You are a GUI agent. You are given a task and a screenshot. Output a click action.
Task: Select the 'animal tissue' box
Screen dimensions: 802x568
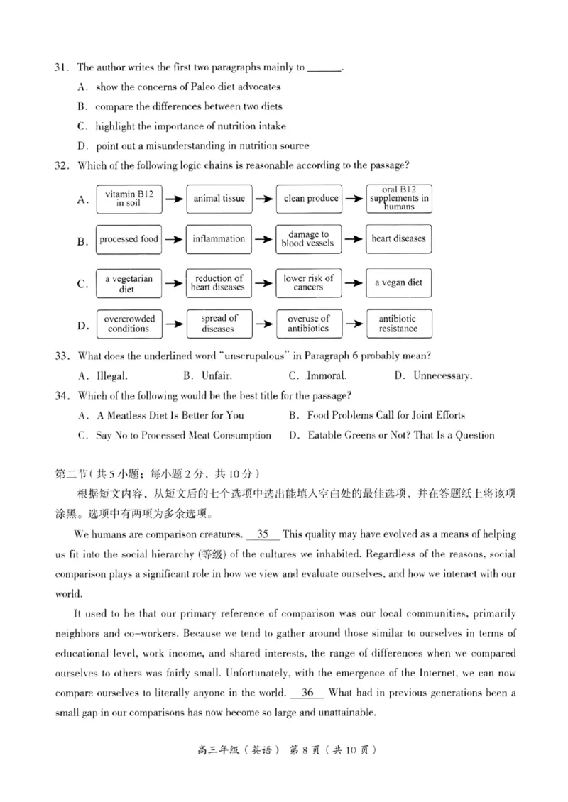click(219, 199)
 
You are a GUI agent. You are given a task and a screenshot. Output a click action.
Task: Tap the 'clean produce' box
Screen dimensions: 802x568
click(310, 199)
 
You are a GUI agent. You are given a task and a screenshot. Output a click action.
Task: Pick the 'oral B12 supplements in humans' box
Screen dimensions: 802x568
click(399, 199)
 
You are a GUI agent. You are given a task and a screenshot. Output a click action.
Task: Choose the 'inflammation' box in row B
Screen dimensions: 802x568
click(219, 239)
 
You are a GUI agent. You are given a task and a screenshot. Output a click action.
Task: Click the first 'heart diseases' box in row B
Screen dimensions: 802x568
click(399, 239)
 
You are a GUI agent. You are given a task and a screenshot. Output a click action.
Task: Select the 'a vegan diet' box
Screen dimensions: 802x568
click(399, 282)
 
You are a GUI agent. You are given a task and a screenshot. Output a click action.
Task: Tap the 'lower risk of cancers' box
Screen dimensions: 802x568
click(308, 282)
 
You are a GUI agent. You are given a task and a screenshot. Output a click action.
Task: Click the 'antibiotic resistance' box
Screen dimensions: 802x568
click(399, 324)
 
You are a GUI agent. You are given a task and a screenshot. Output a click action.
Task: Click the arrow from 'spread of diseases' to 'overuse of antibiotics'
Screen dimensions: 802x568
click(264, 325)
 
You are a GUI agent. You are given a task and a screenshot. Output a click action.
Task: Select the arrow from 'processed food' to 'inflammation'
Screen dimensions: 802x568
click(173, 240)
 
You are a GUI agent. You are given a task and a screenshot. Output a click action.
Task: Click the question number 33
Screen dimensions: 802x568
click(62, 356)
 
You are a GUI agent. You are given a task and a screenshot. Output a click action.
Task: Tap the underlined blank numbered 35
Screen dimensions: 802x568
click(263, 534)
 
